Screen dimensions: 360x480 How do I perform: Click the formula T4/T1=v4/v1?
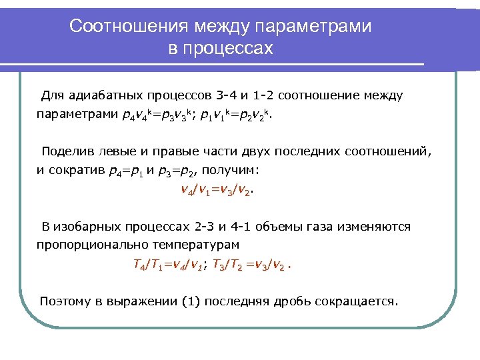(x=169, y=266)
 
